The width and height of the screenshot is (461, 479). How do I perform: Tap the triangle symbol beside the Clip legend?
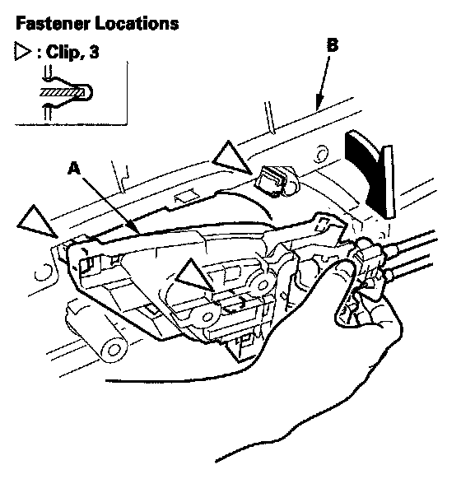pos(23,52)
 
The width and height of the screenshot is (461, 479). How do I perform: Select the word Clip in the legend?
pos(63,52)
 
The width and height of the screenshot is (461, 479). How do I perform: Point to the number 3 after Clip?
pos(94,52)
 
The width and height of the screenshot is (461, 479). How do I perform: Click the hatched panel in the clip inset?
pos(62,92)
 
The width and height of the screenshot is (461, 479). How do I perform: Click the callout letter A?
pos(74,168)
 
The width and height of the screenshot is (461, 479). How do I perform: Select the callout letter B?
pos(332,45)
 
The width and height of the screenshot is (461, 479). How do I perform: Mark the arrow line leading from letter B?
pos(323,83)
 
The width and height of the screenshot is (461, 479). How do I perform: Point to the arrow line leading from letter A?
pos(110,207)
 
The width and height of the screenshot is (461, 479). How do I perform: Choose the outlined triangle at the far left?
pos(37,221)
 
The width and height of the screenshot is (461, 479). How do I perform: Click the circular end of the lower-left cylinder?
pos(113,349)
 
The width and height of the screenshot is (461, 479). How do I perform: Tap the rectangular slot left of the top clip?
pos(185,196)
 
